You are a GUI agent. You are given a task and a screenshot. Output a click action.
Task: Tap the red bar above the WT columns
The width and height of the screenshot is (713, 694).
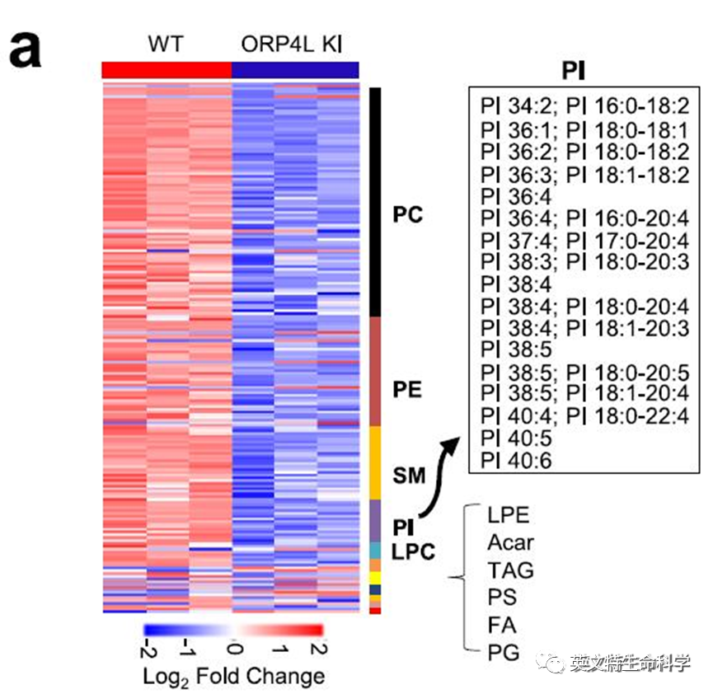click(166, 70)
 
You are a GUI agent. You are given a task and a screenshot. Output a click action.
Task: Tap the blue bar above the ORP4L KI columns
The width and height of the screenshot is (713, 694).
click(295, 70)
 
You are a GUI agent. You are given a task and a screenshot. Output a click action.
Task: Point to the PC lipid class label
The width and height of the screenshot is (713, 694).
click(407, 215)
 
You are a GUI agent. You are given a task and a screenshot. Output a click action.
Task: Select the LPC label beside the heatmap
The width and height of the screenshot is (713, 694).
click(412, 551)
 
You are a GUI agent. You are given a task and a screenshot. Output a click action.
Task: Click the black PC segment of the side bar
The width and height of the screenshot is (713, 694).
click(375, 202)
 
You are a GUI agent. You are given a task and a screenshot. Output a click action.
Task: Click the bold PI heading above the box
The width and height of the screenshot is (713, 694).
click(575, 69)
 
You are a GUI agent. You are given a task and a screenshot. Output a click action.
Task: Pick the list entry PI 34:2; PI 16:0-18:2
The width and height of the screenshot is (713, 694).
click(584, 108)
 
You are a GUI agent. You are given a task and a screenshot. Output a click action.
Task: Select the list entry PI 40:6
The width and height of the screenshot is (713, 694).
click(516, 459)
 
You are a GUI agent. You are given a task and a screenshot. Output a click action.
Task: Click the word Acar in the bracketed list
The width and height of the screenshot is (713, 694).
click(510, 542)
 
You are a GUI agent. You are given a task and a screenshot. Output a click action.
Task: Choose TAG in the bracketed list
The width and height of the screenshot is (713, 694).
click(510, 570)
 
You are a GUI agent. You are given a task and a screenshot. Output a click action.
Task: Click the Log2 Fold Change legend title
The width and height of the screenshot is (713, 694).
click(233, 677)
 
